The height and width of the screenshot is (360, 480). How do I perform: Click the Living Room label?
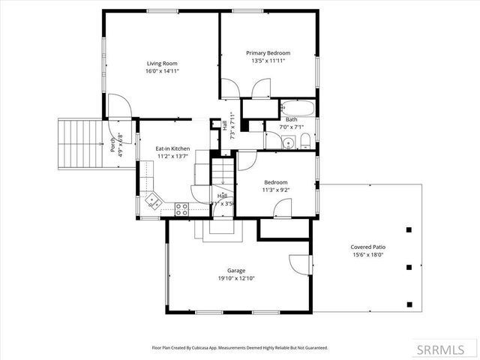pyautogui.click(x=162, y=63)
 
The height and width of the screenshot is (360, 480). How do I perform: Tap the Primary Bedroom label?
pyautogui.click(x=268, y=53)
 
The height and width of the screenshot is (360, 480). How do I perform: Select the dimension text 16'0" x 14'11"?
pyautogui.click(x=162, y=71)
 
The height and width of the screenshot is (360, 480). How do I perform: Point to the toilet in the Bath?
pyautogui.click(x=305, y=141)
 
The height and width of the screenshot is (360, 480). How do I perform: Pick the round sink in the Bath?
pyautogui.click(x=287, y=140)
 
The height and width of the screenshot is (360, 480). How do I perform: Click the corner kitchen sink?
pyautogui.click(x=153, y=199)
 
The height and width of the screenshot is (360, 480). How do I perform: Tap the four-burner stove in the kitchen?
pyautogui.click(x=181, y=210)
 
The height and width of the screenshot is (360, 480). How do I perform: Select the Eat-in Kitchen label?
pyautogui.click(x=172, y=148)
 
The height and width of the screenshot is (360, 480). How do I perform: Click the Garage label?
pyautogui.click(x=236, y=271)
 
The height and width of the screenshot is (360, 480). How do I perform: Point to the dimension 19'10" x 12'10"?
pyautogui.click(x=236, y=279)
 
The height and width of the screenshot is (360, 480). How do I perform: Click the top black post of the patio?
pyautogui.click(x=409, y=229)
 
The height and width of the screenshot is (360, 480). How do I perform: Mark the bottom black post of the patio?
pyautogui.click(x=409, y=304)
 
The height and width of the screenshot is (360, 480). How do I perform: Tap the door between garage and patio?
pyautogui.click(x=300, y=264)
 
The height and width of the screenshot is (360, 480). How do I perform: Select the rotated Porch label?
pyautogui.click(x=112, y=142)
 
